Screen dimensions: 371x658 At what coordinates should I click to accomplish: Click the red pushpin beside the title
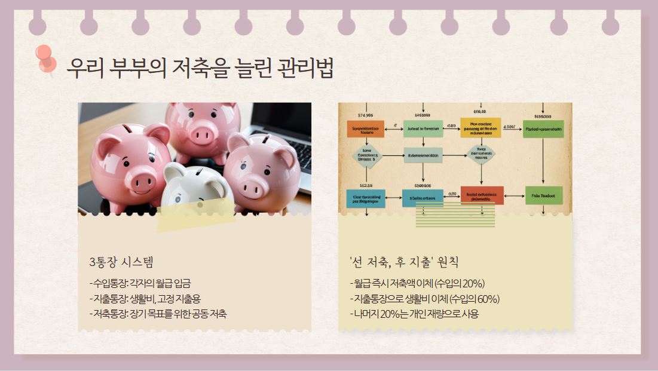pyautogui.click(x=45, y=58)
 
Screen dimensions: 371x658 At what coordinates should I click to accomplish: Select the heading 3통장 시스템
pyautogui.click(x=121, y=262)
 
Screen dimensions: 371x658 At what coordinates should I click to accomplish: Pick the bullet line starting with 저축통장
pyautogui.click(x=158, y=314)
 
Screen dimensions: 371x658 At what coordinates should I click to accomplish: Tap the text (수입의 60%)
pyautogui.click(x=476, y=299)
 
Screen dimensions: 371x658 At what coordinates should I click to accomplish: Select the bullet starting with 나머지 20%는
pyautogui.click(x=414, y=314)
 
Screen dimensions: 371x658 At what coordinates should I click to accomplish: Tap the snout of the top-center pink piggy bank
pyautogui.click(x=203, y=136)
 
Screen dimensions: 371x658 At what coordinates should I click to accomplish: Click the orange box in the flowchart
pyautogui.click(x=365, y=128)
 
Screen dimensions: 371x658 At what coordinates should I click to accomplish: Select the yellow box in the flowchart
pyautogui.click(x=480, y=128)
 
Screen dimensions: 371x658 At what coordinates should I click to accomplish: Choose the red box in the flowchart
pyautogui.click(x=482, y=195)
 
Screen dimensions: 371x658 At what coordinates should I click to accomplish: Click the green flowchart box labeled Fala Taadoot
pyautogui.click(x=543, y=195)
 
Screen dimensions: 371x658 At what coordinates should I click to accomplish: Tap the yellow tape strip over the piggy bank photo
pyautogui.click(x=196, y=214)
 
